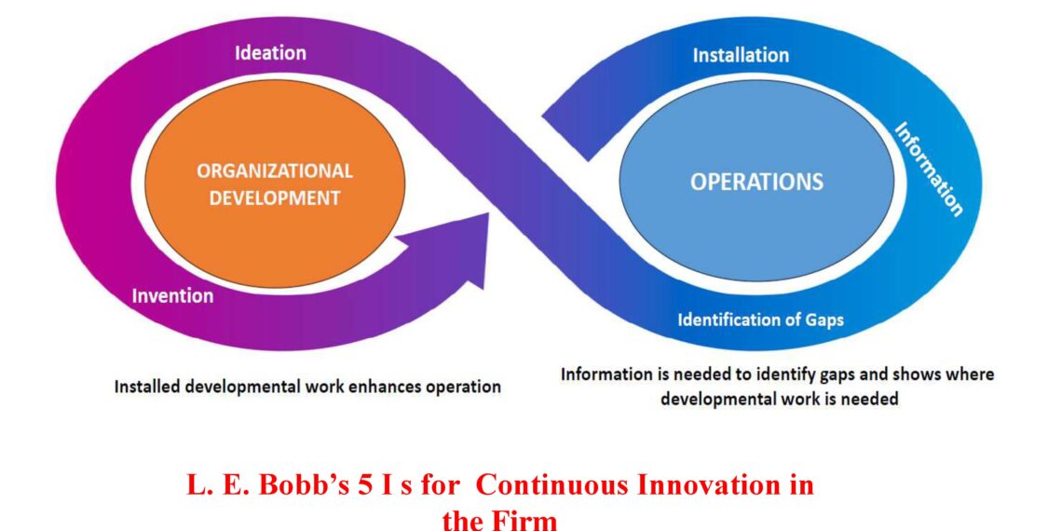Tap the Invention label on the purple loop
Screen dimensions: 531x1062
[172, 296]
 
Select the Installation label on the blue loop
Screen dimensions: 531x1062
[741, 56]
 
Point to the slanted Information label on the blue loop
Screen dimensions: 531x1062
[929, 169]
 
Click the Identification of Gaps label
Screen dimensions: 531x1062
[760, 320]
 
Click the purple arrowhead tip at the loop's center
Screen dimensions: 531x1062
[485, 224]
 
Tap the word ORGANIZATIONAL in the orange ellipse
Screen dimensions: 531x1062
[275, 171]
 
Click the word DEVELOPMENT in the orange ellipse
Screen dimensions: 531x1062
[275, 197]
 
